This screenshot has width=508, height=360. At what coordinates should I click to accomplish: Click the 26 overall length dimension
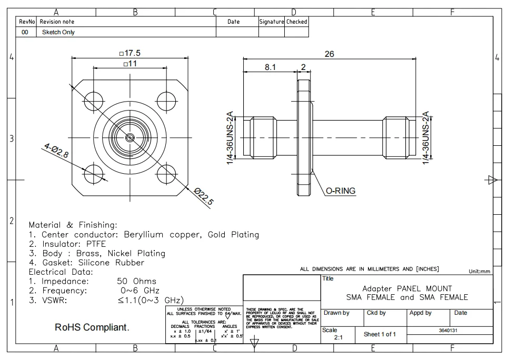click(x=330, y=54)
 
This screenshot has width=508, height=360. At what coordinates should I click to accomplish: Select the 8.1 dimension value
click(x=270, y=67)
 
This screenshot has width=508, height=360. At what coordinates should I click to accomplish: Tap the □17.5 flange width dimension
click(x=130, y=54)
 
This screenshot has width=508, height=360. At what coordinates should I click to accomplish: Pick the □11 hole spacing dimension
click(x=130, y=64)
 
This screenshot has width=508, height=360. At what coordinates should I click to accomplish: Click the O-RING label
click(x=341, y=191)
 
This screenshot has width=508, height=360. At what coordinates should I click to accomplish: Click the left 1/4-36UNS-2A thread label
click(x=230, y=137)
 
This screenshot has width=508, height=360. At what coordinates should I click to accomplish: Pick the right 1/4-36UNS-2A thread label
click(x=426, y=137)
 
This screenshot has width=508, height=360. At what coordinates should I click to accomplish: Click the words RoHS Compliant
click(x=92, y=327)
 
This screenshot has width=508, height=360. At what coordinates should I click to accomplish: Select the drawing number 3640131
click(x=449, y=331)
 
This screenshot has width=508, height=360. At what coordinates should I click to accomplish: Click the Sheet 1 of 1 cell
click(x=380, y=334)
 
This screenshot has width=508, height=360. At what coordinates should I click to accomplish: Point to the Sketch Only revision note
click(x=58, y=32)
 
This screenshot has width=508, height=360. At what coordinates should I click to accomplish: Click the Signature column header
click(x=271, y=22)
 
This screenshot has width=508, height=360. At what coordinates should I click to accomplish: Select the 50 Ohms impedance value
click(x=136, y=282)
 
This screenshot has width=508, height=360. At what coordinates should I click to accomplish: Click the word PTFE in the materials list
click(x=96, y=244)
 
